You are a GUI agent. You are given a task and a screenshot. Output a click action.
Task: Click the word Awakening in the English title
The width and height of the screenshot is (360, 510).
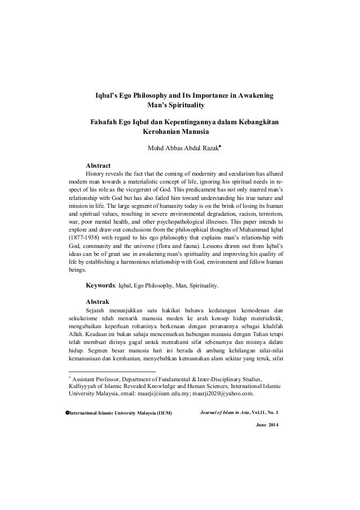tap(254, 97)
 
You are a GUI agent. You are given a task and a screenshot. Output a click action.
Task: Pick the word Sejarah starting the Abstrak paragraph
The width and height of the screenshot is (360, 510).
tap(96, 310)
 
